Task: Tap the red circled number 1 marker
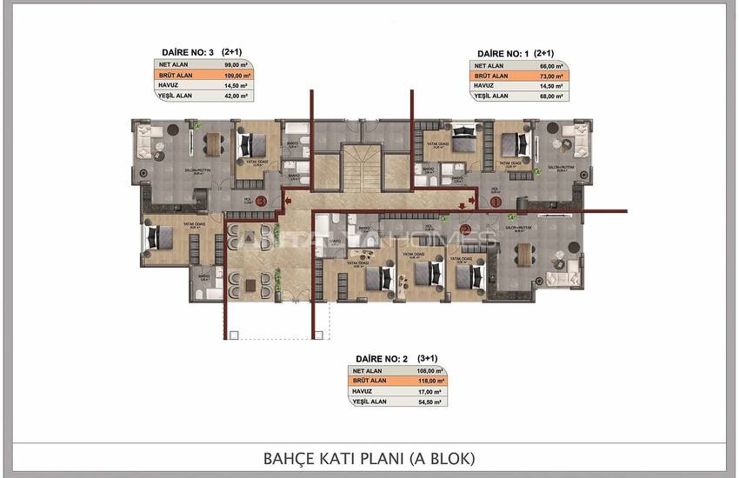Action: (x=495, y=201)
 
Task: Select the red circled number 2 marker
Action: (x=466, y=230)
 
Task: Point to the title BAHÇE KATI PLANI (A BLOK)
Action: (x=369, y=457)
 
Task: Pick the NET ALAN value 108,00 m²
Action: (x=430, y=370)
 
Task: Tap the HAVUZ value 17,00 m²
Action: (x=430, y=391)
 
